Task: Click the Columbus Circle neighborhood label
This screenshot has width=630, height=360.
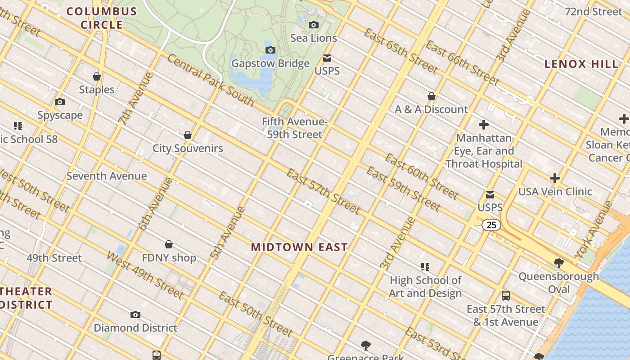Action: click(x=102, y=18)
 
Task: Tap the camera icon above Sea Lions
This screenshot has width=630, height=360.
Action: click(x=314, y=25)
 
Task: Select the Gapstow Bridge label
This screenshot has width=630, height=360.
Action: click(x=270, y=63)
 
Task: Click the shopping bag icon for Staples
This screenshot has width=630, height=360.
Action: click(x=97, y=76)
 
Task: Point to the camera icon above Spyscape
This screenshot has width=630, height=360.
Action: click(x=60, y=102)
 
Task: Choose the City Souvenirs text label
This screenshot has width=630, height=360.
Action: click(x=188, y=148)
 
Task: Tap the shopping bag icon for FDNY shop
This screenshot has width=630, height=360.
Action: click(x=169, y=244)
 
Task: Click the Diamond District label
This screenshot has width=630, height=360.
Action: click(x=135, y=328)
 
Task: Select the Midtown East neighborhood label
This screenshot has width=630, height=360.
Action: click(x=299, y=247)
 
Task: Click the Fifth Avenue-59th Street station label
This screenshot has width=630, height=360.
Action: click(x=294, y=128)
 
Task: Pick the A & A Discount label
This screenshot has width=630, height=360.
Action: click(x=432, y=109)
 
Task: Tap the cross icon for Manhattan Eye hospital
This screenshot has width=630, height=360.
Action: click(x=484, y=125)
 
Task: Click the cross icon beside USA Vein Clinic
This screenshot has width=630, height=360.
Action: click(x=555, y=178)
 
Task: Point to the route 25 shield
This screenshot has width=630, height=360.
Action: click(x=491, y=225)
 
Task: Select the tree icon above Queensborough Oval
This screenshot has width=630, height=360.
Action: click(x=559, y=263)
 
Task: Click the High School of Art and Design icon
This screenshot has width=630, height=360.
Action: click(x=425, y=267)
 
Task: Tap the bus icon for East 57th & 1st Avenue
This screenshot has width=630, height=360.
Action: click(x=506, y=296)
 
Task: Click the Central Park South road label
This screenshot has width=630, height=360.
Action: click(x=211, y=80)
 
